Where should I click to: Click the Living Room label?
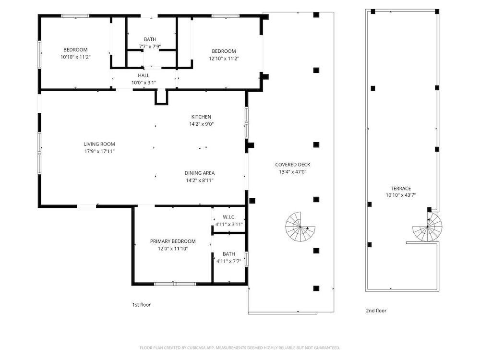[99, 144]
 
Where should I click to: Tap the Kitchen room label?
[201, 117]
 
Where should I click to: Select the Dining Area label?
[200, 173]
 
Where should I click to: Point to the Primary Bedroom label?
[173, 241]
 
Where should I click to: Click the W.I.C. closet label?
[229, 217]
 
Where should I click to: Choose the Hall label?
[144, 75]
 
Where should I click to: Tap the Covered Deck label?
[293, 165]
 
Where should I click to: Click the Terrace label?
[401, 189]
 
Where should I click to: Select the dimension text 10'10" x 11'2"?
[76, 57]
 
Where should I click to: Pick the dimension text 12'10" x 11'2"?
[224, 59]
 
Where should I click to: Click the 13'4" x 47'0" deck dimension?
[293, 172]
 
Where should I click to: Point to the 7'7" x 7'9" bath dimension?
[150, 47]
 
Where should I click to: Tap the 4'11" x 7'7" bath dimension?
[228, 261]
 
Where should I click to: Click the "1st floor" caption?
[142, 305]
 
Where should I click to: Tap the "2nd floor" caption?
[376, 311]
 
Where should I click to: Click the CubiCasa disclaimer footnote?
[240, 348]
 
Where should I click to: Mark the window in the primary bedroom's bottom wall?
[175, 284]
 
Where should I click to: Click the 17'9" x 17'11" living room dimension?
[99, 151]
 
